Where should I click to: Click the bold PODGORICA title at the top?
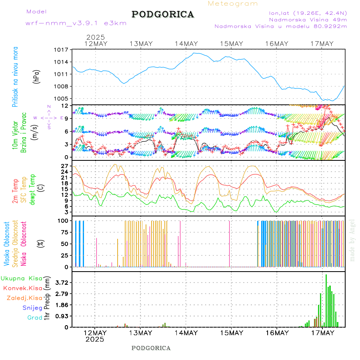pyautogui.click(x=163, y=14)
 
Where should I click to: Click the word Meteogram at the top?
pyautogui.click(x=233, y=4)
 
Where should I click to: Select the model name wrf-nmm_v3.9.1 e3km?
pyautogui.click(x=76, y=23)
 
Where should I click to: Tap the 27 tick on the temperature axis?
pyautogui.click(x=65, y=166)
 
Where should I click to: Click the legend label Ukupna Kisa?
pyautogui.click(x=21, y=278)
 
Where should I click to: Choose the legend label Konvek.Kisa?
pyautogui.click(x=22, y=288)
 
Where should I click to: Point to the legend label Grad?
pyautogui.click(x=35, y=318)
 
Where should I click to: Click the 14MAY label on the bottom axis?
pyautogui.click(x=186, y=333)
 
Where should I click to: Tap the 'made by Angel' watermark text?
pyautogui.click(x=352, y=240)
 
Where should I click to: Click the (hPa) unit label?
pyautogui.click(x=37, y=76)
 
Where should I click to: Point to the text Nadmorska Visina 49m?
pyautogui.click(x=308, y=19)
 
